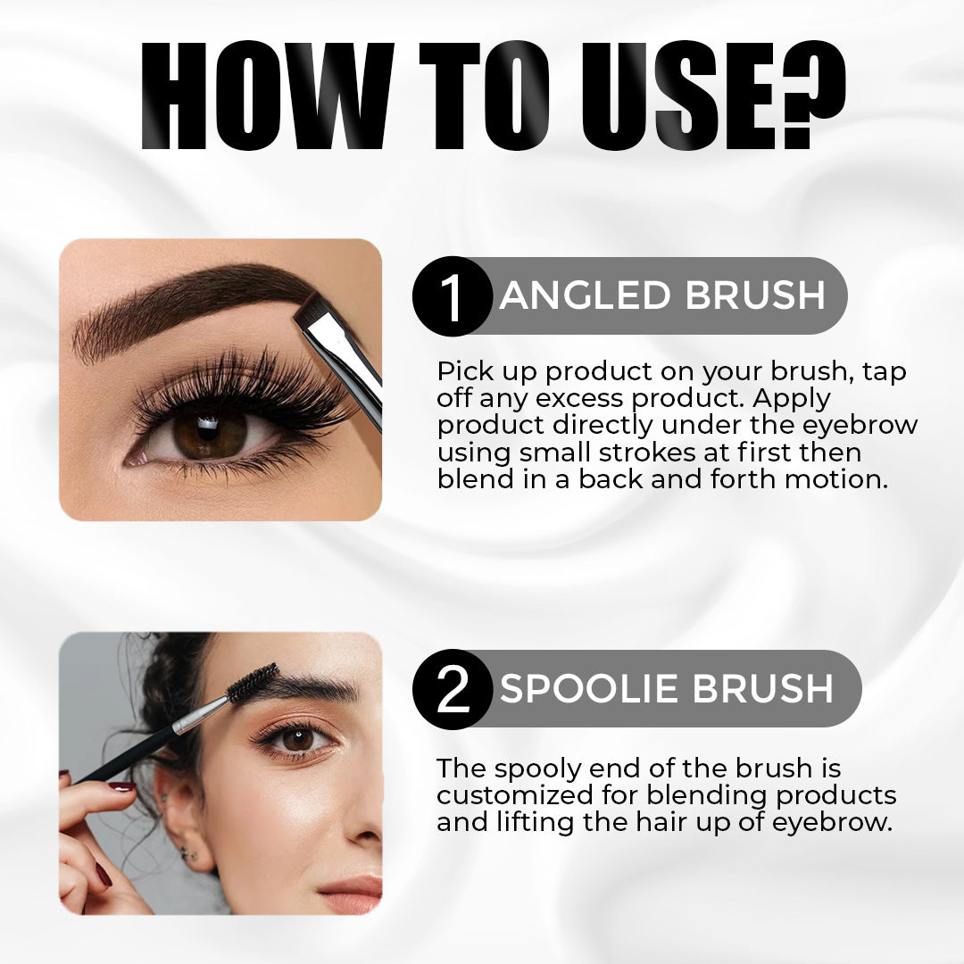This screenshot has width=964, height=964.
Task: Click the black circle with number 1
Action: click(453, 295)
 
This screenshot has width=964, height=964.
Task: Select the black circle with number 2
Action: click(453, 688)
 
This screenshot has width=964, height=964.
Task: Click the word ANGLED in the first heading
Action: click(585, 295)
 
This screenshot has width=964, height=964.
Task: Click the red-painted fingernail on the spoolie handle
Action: click(121, 786)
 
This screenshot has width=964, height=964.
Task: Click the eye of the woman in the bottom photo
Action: click(298, 739)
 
